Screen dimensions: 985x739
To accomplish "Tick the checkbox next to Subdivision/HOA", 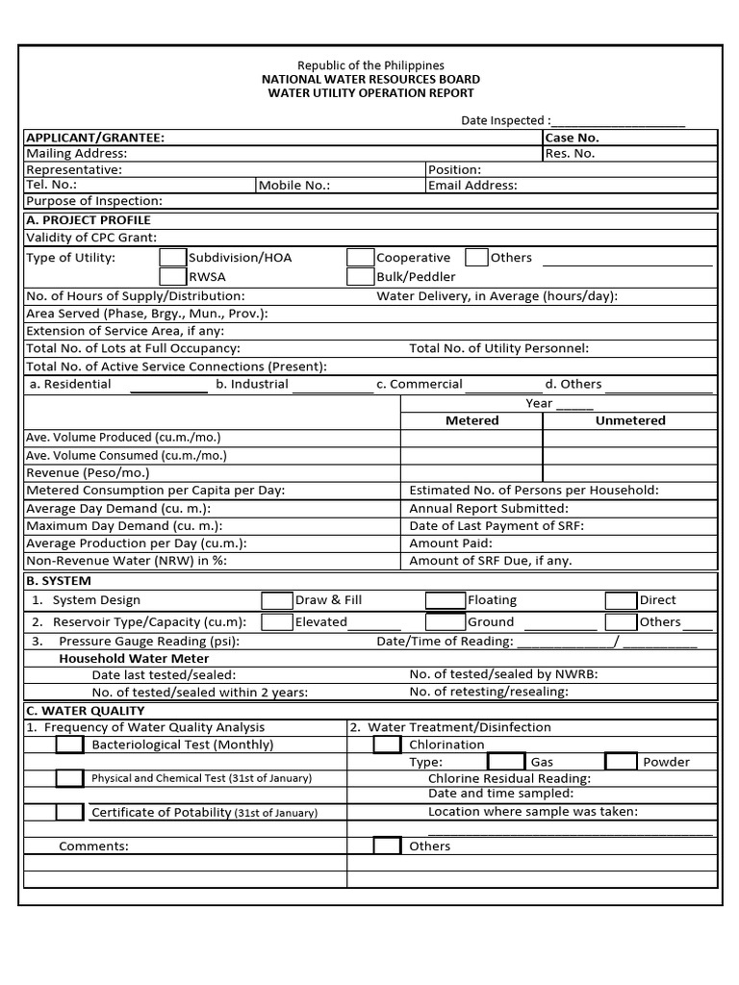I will point(172,258).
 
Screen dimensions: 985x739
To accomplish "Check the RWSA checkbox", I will point(172,277).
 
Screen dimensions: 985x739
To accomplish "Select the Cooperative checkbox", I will point(360,258).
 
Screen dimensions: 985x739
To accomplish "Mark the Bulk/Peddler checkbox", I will point(360,277).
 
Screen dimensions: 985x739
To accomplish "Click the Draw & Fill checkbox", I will point(276,600).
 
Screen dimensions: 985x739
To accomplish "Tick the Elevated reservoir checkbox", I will point(276,622).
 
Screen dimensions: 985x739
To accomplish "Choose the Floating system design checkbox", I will point(445,600).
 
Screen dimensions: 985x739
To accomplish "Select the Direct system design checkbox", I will point(621,600).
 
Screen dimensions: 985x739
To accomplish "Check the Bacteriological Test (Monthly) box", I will point(69,745).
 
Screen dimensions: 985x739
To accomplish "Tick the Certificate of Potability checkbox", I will point(69,812).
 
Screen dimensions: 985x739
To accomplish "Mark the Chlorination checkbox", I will point(387,745).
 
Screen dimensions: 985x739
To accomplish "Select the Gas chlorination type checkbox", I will point(506,762).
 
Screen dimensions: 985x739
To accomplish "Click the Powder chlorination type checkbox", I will point(621,762).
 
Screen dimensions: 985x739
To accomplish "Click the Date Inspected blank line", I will point(618,122).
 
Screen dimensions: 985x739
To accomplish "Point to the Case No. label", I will point(572,138).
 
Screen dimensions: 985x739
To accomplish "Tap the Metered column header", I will point(471,420).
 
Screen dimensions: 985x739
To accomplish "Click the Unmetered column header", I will point(630,420).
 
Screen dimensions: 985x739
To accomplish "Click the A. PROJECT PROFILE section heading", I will point(89,220).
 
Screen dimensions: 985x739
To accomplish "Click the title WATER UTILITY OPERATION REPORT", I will point(370,93).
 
